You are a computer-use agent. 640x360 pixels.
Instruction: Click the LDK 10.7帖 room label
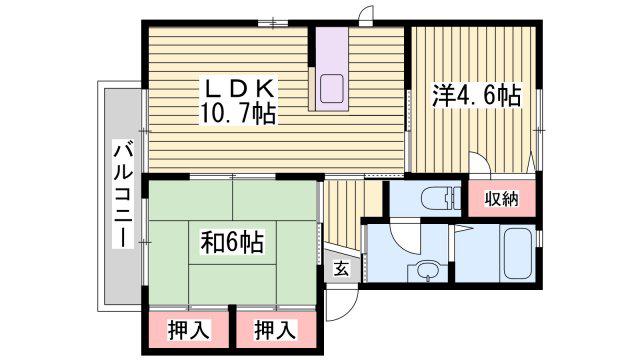point(237,101)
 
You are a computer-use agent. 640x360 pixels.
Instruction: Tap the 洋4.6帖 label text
point(476,96)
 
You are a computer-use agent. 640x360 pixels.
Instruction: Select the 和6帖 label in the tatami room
point(232,242)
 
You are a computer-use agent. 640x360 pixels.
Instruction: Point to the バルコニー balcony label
point(123,195)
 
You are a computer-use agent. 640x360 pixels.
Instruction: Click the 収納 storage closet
point(502,198)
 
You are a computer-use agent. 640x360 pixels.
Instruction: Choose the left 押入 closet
point(189,329)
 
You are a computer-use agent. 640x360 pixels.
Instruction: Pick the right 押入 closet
point(276,329)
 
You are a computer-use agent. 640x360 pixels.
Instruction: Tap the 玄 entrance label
point(341,269)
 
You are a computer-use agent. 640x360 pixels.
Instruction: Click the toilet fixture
point(442,198)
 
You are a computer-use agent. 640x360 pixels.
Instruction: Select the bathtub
point(517,252)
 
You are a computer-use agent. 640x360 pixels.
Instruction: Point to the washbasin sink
point(427,271)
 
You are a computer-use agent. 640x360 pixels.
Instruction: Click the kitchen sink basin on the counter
point(331,89)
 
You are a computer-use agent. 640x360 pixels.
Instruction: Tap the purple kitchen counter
point(332,69)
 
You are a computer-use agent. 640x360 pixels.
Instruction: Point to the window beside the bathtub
point(539,239)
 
